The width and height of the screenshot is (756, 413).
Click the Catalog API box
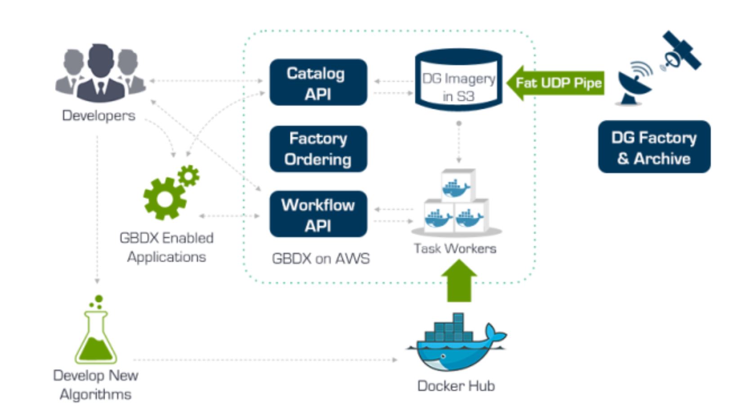click(x=318, y=83)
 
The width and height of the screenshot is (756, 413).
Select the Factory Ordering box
click(x=318, y=149)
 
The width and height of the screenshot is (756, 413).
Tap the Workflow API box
click(x=318, y=214)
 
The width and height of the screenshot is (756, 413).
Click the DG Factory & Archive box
click(x=654, y=147)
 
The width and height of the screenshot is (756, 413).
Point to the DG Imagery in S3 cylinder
click(x=458, y=81)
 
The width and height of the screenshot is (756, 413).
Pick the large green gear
click(x=164, y=199)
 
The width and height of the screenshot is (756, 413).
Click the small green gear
click(x=188, y=176)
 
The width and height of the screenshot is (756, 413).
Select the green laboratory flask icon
click(x=96, y=333)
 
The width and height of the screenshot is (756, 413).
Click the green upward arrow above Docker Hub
click(x=459, y=281)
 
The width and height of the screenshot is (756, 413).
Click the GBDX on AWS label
click(x=321, y=259)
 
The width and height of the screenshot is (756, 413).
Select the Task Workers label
click(x=455, y=249)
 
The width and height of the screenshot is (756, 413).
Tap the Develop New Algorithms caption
click(x=95, y=385)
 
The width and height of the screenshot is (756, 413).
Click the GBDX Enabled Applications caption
click(x=166, y=247)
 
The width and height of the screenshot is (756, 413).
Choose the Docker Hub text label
click(x=456, y=386)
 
